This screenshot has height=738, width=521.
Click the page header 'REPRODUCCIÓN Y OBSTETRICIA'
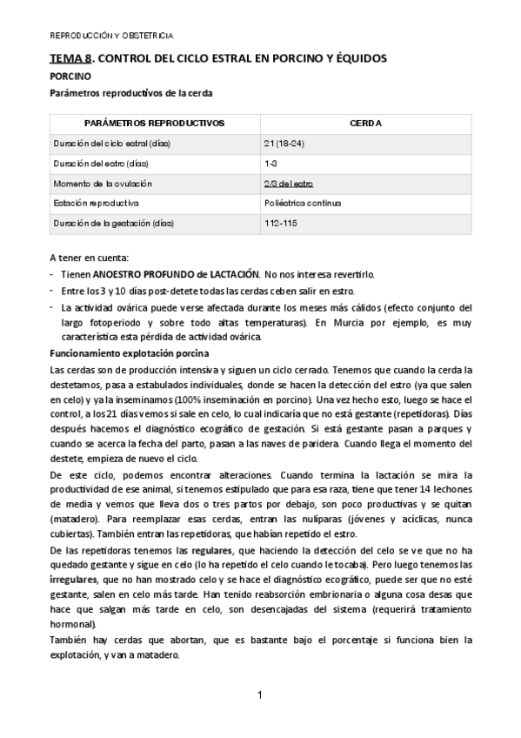click(111, 36)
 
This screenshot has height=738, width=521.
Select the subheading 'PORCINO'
click(70, 77)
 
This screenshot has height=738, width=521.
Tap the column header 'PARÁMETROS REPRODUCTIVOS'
click(153, 123)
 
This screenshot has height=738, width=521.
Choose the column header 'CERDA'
click(365, 123)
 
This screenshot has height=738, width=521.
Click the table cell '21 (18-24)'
click(284, 143)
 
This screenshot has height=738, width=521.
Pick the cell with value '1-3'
click(271, 163)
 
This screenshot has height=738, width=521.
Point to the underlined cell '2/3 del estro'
click(288, 184)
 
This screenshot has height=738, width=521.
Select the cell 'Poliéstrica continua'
click(303, 204)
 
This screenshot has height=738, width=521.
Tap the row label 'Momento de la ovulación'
click(103, 184)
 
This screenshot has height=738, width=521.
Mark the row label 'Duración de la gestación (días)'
click(114, 224)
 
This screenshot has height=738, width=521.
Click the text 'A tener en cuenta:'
click(88, 258)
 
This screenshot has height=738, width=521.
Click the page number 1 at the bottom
click(260, 694)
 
